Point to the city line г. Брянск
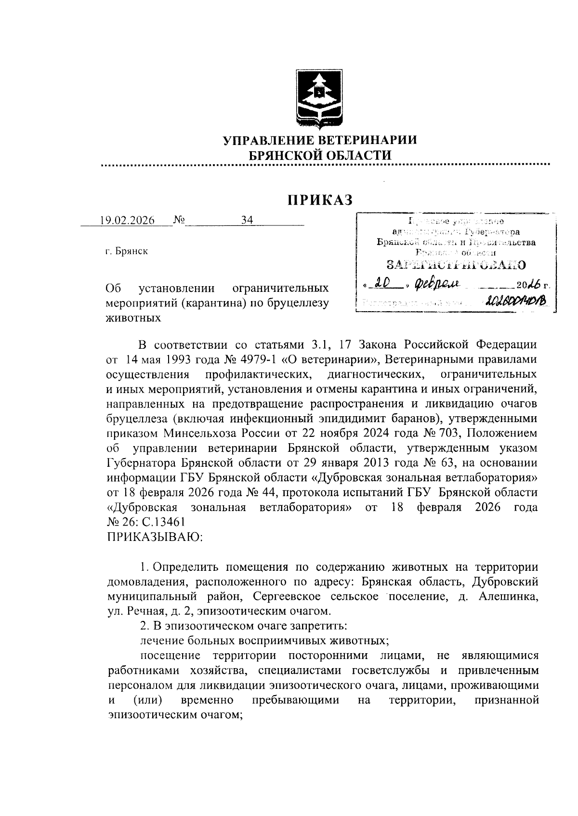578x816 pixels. point(127,251)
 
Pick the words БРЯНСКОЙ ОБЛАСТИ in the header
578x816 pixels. point(319,155)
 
